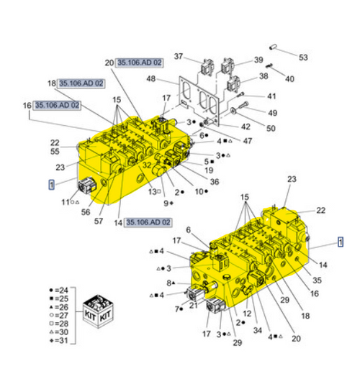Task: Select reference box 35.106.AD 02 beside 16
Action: [x=57, y=105]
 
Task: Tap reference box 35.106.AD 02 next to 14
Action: [x=148, y=222]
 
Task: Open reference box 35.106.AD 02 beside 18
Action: [x=81, y=83]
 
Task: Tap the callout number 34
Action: [x=257, y=331]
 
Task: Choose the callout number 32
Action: [x=145, y=165]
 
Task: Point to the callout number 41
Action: [x=271, y=96]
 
